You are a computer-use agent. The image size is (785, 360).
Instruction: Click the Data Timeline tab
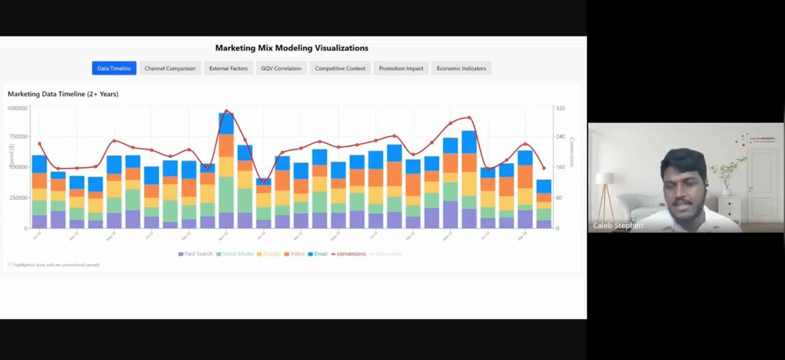114,68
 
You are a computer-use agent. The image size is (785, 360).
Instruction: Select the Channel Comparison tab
170,68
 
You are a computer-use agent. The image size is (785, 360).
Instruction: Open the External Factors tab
228,68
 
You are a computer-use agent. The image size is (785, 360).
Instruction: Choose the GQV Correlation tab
281,68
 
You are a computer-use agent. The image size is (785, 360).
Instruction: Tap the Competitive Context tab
340,68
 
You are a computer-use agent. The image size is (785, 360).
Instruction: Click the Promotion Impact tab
401,68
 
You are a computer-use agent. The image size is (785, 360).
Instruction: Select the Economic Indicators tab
461,68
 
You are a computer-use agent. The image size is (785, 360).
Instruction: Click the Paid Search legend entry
195,254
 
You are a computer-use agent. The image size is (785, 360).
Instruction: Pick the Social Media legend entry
235,254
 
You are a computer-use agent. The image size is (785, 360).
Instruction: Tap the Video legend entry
294,254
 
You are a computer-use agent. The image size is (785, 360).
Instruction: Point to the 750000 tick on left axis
17,137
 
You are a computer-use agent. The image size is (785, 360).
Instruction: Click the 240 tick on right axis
561,137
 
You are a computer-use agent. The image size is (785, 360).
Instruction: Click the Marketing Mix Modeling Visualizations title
291,48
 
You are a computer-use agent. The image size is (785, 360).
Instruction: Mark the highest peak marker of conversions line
226,111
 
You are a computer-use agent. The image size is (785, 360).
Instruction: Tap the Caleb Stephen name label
618,225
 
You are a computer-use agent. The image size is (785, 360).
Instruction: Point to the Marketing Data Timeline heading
63,94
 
